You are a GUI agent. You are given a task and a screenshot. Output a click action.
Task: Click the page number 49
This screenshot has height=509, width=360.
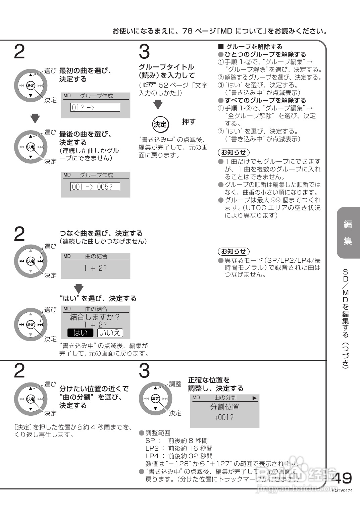click(x=342, y=478)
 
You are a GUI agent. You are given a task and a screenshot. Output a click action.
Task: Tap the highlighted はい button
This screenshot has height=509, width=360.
click(x=80, y=333)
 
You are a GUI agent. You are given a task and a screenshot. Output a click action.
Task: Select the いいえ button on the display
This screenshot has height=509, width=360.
click(x=110, y=333)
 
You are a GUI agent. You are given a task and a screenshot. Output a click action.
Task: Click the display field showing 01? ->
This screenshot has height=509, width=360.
click(x=95, y=107)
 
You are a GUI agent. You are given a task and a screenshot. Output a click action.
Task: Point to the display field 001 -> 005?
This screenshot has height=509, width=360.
click(x=95, y=187)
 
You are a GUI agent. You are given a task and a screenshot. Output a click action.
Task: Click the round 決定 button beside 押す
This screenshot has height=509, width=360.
click(x=160, y=124)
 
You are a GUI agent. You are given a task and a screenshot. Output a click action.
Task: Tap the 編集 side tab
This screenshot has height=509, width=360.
click(x=348, y=233)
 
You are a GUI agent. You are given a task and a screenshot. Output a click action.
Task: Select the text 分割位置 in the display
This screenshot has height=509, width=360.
click(x=224, y=407)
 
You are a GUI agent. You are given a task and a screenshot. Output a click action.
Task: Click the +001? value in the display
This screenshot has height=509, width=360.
click(x=224, y=418)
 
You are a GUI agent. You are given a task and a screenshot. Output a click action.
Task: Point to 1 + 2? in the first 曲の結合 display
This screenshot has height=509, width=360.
click(x=95, y=268)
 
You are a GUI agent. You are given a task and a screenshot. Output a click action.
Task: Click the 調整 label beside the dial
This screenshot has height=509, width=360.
click(x=175, y=384)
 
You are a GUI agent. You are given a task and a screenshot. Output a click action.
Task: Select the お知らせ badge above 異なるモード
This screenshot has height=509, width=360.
click(x=234, y=251)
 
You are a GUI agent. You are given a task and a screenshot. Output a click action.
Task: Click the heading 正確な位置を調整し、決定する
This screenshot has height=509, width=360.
click(x=215, y=384)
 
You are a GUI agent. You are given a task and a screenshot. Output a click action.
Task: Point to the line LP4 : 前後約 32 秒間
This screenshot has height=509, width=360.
click(x=179, y=456)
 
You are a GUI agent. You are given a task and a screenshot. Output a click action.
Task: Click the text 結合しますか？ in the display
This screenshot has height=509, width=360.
click(x=95, y=317)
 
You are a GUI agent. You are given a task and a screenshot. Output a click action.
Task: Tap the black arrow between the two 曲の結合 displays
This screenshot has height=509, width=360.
click(x=79, y=288)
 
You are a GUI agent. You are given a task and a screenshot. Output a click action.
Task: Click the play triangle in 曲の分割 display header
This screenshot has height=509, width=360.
click(x=255, y=398)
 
